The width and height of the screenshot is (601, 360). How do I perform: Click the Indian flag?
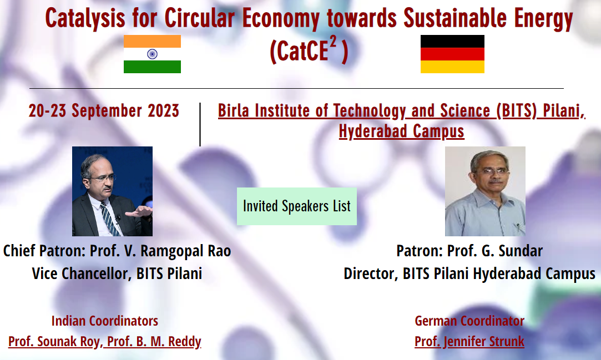[x=152, y=54]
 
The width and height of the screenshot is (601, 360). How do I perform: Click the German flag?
[x=452, y=54]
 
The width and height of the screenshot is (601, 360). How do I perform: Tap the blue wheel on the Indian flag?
[x=152, y=54]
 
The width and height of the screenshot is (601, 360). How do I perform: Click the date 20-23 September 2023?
[x=104, y=111]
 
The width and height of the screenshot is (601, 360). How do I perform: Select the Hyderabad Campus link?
[x=401, y=131]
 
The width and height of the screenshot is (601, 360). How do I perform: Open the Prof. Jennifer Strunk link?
[x=469, y=341]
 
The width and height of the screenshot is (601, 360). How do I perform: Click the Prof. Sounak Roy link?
[x=54, y=341]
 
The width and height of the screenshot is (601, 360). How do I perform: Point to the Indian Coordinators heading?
[x=105, y=321]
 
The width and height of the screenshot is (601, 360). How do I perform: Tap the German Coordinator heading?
[x=469, y=321]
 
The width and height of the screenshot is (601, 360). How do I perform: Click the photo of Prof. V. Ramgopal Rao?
[x=112, y=191]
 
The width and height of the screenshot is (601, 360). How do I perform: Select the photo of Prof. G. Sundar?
[x=485, y=191]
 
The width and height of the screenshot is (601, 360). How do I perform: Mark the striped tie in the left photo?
[x=110, y=219]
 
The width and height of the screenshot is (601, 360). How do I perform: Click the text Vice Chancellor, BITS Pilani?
[x=117, y=273]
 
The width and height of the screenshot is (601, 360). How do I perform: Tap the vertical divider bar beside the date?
[x=200, y=124]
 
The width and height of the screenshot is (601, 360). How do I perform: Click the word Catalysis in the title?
[x=85, y=18]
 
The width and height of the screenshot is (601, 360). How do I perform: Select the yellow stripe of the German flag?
[x=452, y=67]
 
